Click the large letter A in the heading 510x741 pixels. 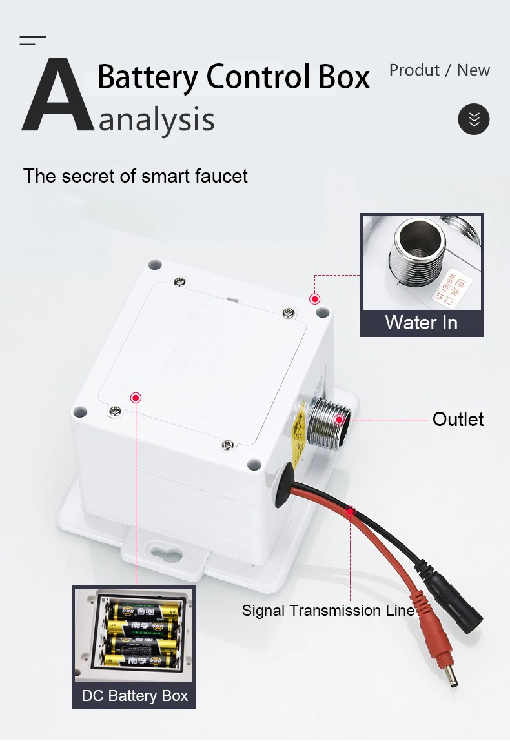(58, 97)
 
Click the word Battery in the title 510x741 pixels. (148, 77)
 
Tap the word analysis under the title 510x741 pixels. (157, 120)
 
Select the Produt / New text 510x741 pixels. (439, 70)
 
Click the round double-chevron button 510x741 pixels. (474, 119)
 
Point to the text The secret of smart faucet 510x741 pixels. (136, 176)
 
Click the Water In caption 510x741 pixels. (421, 322)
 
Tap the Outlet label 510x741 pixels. (458, 420)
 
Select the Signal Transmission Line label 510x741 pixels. (328, 611)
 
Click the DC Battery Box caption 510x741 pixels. (134, 695)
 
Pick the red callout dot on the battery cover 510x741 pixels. (136, 398)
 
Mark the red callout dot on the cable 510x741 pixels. (350, 512)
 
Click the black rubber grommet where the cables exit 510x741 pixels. (283, 485)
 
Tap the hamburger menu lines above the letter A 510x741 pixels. (32, 41)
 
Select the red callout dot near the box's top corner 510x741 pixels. (314, 299)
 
